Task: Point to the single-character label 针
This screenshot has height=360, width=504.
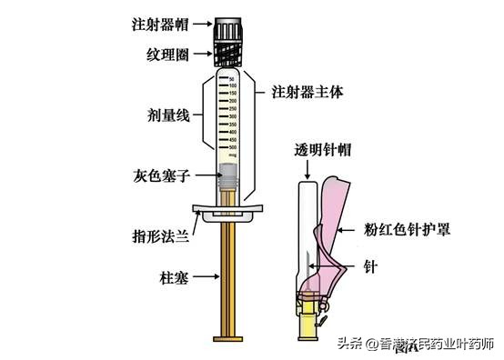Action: pyautogui.click(x=370, y=265)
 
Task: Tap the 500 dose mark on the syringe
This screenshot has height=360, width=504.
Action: pyautogui.click(x=233, y=146)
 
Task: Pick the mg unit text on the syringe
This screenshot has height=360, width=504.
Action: pyautogui.click(x=233, y=155)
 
